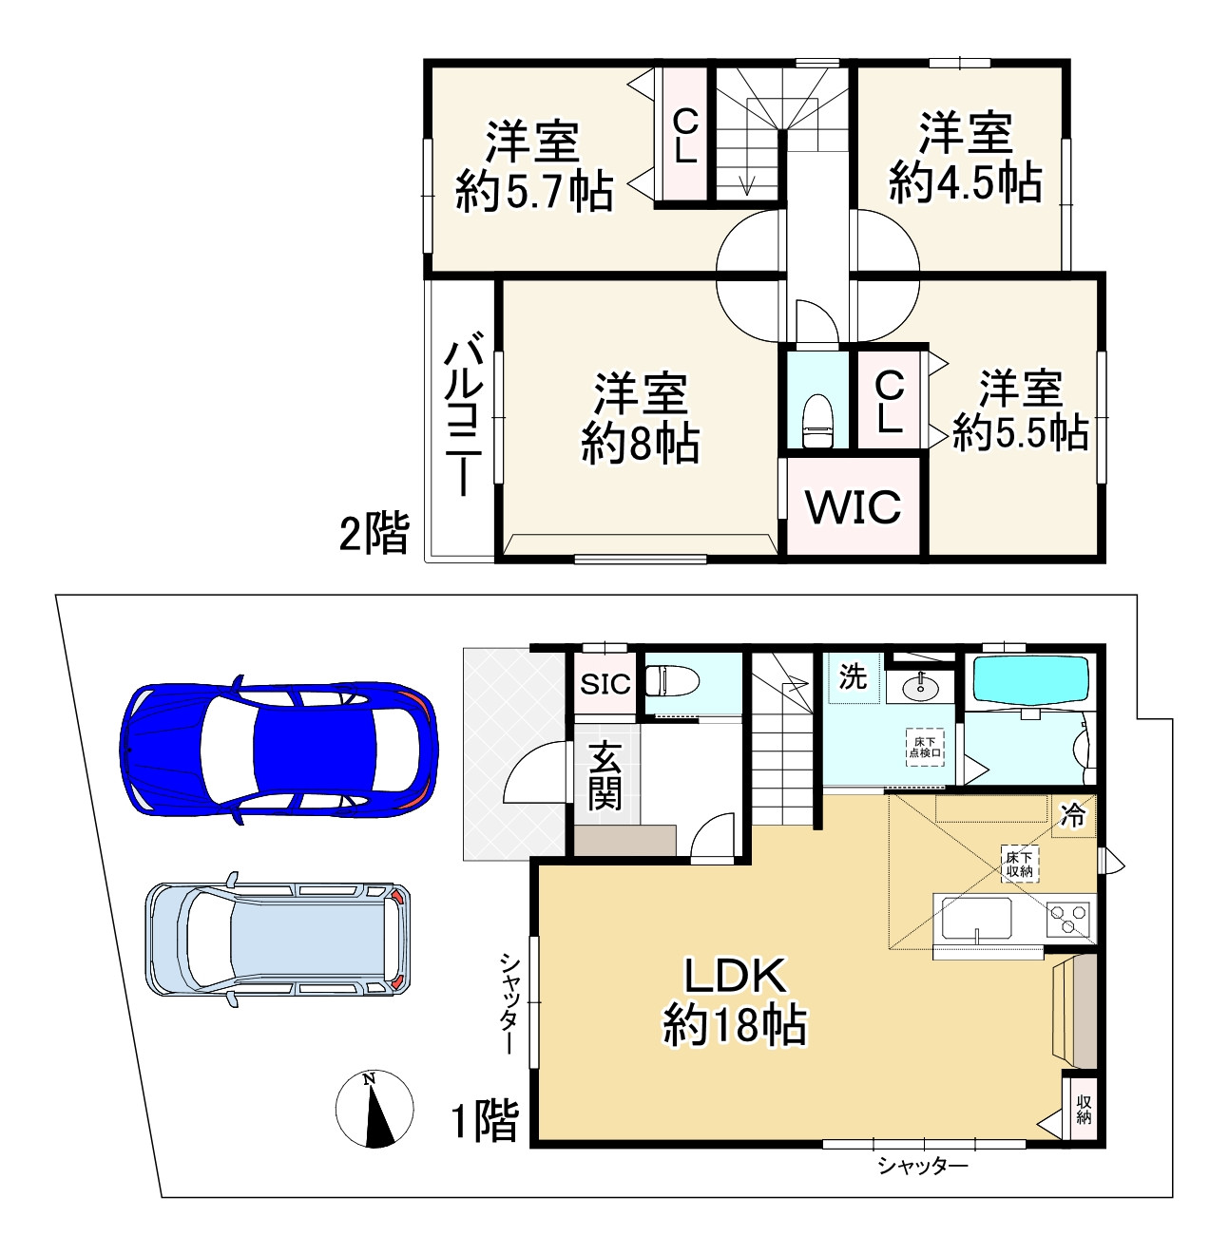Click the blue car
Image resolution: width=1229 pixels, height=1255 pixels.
(278, 750)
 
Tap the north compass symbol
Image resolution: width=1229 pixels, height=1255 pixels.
(374, 1108)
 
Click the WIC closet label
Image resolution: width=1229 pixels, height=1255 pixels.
(854, 506)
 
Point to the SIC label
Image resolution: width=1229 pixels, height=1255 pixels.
(605, 684)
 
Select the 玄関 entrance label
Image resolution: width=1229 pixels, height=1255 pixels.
(605, 775)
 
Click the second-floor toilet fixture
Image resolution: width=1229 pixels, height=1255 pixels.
(817, 421)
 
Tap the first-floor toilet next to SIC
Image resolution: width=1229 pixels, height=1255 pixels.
(671, 680)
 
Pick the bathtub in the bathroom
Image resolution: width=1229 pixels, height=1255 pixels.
(1030, 679)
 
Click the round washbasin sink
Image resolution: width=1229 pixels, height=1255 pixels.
(921, 685)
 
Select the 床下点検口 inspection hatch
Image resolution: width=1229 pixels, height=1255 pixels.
(925, 747)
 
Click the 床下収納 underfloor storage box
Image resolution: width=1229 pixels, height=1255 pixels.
(1020, 865)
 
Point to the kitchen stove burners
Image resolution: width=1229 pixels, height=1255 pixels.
(1068, 920)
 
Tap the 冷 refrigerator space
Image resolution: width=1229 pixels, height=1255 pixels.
(1073, 815)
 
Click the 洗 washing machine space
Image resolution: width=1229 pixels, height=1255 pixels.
(853, 676)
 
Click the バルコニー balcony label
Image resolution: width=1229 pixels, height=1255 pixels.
(463, 413)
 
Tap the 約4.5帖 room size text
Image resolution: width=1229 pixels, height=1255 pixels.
(965, 183)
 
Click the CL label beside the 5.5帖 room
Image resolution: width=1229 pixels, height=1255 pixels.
(889, 402)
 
